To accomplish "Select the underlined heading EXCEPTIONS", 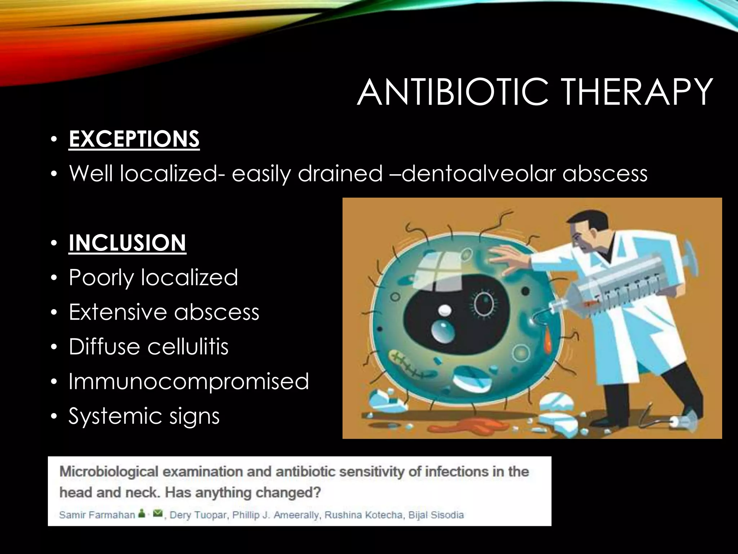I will pos(134,139).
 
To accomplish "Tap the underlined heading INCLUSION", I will pos(127,243).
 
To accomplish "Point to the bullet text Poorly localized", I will pos(153,278).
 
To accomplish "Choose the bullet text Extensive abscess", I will pos(164,312).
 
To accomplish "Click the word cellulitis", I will pos(188,347).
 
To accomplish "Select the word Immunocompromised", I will pos(189,382).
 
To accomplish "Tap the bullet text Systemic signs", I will pos(144,416).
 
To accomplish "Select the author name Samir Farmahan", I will pos(97,515).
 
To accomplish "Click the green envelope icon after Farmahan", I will pos(157,514).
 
